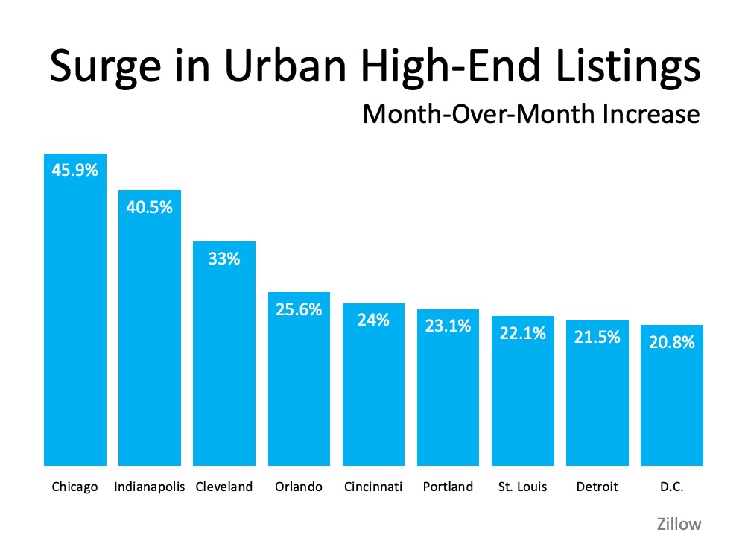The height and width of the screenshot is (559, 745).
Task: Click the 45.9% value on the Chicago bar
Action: tap(74, 171)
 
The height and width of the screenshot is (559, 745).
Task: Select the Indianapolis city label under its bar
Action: tap(149, 487)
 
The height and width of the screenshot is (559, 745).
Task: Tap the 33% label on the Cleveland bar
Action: tap(223, 259)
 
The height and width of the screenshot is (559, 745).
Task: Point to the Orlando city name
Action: tap(298, 487)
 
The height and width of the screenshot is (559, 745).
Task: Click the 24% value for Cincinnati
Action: tap(372, 320)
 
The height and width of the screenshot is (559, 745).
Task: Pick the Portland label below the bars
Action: tap(447, 487)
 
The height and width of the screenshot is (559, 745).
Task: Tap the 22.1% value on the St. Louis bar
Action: tap(522, 333)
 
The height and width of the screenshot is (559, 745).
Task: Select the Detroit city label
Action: tap(596, 487)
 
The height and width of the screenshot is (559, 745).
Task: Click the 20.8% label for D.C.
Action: tap(671, 342)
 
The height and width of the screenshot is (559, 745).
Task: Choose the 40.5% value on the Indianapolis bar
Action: tap(149, 207)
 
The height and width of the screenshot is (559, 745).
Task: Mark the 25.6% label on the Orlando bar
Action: tap(298, 309)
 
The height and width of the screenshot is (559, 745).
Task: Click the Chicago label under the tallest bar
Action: tap(74, 487)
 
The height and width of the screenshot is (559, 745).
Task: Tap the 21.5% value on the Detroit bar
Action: tap(597, 338)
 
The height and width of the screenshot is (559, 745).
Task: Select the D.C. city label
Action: tap(671, 487)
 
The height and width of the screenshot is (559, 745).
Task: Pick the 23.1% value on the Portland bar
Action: tap(447, 326)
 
